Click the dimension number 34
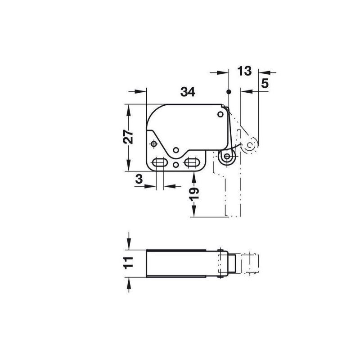188,92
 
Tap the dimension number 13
244,71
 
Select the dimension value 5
265,83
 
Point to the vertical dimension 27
128,137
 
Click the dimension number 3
139,179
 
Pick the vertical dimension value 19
194,194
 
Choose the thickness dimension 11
128,263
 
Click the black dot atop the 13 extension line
229,92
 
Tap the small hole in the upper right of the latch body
220,114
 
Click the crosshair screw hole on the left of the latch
154,144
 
